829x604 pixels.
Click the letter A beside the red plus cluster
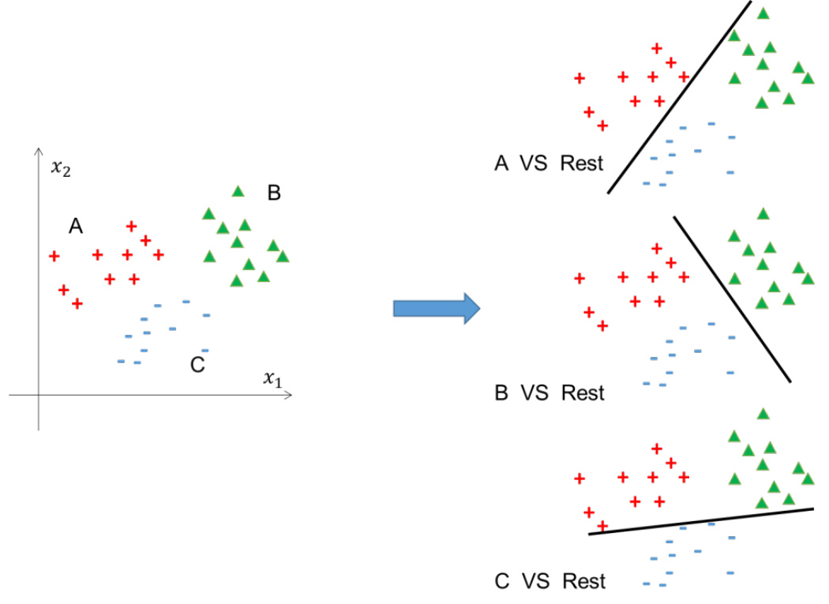point(76,227)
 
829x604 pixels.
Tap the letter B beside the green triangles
point(274,193)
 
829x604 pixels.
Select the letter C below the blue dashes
point(197,365)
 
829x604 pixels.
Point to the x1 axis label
point(272,379)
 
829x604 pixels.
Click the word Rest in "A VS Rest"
point(582,163)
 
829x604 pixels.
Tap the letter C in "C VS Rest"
point(502,582)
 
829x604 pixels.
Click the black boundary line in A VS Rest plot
point(679,96)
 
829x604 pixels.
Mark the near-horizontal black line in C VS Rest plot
point(701,521)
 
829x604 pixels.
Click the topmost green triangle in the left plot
point(238,191)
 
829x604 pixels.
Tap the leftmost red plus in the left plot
point(54,256)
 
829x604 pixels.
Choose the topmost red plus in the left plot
point(132,227)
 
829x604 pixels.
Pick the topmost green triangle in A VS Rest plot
point(763,13)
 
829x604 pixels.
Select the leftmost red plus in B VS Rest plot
point(580,278)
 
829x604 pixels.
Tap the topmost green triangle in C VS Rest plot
point(763,414)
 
